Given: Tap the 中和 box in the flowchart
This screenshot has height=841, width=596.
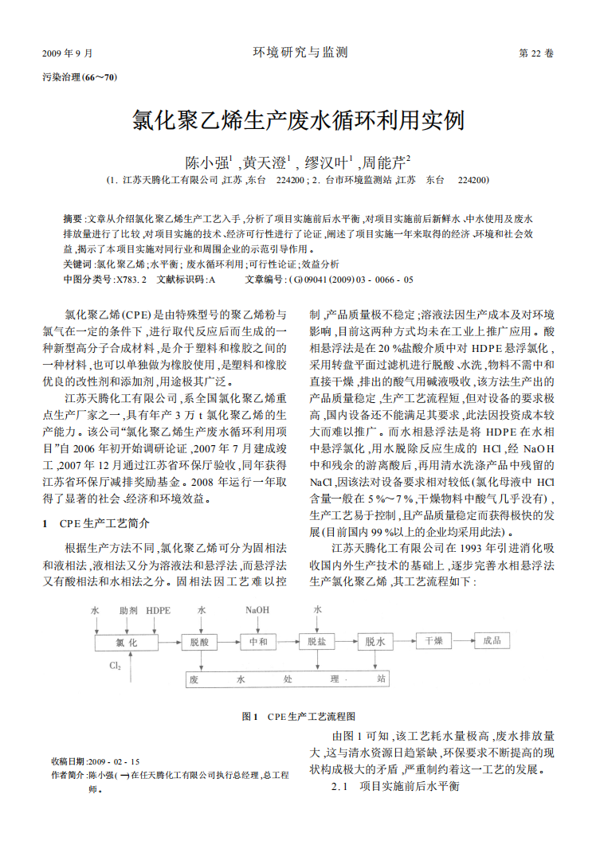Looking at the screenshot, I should (x=258, y=642).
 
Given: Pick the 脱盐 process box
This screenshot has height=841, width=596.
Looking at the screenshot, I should (x=316, y=642).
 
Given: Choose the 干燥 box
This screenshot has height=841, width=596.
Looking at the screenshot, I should (x=433, y=641).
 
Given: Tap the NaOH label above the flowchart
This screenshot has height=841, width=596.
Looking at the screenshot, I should (x=257, y=611).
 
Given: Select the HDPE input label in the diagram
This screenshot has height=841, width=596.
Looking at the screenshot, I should (x=158, y=611).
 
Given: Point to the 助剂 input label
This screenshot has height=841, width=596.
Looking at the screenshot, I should (x=128, y=611).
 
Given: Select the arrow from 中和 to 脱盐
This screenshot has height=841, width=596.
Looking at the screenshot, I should (x=287, y=642).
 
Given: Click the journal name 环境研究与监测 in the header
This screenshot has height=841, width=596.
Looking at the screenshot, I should (x=300, y=53).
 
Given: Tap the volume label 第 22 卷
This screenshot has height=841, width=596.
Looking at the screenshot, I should (x=535, y=54).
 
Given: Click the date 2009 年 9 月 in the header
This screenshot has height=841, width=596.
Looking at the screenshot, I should (x=67, y=54).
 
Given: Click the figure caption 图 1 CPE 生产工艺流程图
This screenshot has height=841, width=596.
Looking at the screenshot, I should (x=298, y=716).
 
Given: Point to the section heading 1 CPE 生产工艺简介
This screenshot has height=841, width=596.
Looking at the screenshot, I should (x=96, y=524).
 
